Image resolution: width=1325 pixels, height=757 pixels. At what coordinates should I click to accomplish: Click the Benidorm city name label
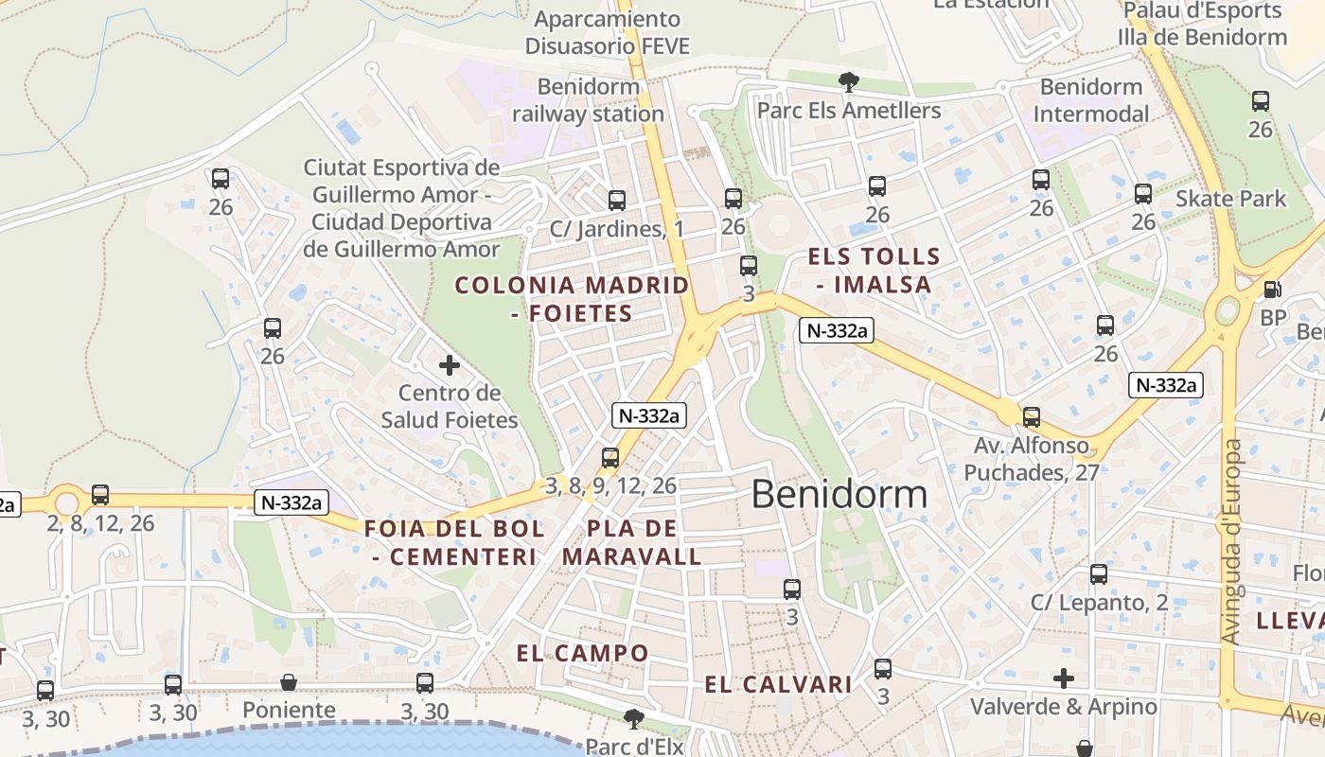839,495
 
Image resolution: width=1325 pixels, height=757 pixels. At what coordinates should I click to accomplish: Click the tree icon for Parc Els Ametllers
849,82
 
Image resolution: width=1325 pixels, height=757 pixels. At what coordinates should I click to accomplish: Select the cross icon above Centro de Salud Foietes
450,364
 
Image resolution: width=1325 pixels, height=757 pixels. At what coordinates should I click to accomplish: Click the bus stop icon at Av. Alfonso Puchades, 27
1032,416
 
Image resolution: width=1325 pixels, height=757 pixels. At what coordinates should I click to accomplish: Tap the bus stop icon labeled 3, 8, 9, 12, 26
610,458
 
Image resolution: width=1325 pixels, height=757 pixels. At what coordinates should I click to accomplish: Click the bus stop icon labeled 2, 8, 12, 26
100,494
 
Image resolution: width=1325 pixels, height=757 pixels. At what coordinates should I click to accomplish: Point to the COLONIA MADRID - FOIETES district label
573,298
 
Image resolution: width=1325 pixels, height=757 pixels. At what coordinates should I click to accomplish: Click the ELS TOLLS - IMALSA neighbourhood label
874,270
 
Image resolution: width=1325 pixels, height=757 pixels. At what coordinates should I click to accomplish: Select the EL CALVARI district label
779,684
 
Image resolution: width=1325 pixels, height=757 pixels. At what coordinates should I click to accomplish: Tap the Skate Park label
1230,199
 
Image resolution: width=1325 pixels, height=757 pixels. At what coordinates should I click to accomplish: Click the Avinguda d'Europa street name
1230,541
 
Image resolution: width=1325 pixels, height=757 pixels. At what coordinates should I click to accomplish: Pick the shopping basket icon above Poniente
289,682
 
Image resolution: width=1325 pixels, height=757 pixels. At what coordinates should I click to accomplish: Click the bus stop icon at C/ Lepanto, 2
1098,573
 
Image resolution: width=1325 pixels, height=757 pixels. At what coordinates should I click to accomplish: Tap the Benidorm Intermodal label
1091,100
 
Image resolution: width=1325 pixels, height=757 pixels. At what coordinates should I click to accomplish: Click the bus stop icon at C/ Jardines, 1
617,200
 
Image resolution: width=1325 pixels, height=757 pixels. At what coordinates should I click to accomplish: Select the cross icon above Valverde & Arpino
1064,678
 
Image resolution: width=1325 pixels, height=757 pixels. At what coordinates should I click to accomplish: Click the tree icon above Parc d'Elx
633,718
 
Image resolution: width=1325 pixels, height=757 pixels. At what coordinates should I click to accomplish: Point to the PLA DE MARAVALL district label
632,542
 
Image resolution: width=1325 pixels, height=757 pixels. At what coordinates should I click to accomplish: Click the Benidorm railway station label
588,100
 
